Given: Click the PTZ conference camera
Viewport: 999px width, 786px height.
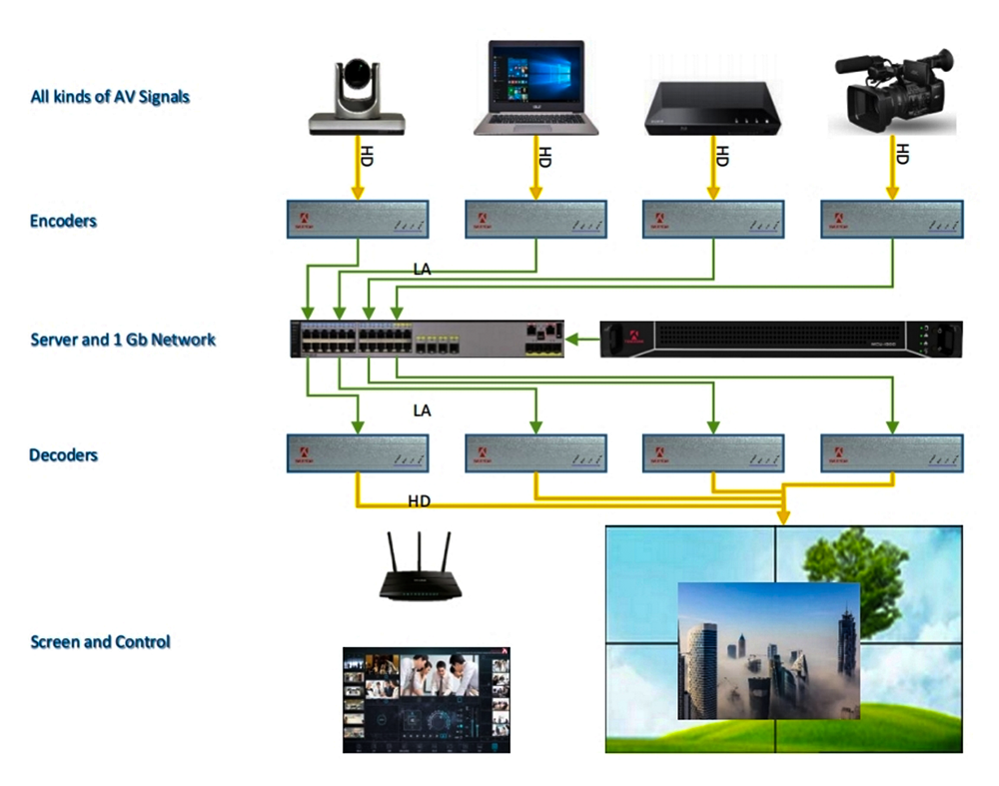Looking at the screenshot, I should pos(357,97).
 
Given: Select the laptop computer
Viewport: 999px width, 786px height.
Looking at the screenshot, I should pos(535,88).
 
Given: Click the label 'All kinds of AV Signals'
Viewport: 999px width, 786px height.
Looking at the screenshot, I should pos(110,97).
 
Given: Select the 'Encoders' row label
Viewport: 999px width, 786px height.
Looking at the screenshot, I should pos(63,221).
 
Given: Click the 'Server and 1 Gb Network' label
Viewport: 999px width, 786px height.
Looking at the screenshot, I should pos(123,340).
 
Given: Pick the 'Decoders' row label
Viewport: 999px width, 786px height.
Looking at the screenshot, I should pos(63,455).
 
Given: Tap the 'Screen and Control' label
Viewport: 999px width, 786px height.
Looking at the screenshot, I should pos(100,641).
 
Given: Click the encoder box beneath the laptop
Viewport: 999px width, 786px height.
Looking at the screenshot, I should pos(535,219).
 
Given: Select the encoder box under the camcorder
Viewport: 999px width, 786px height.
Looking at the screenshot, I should pos(891,219).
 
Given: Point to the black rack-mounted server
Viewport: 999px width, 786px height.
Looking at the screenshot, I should pos(780,340).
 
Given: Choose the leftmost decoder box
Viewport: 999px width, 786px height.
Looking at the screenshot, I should pos(357,452).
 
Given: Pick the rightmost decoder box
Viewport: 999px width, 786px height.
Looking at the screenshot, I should pos(891,452).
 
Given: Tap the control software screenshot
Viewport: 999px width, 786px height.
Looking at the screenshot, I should pos(427,699).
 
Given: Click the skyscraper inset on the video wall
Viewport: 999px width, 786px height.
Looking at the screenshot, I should pos(767,650).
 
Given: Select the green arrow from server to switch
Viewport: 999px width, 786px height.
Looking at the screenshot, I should pos(581,340).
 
